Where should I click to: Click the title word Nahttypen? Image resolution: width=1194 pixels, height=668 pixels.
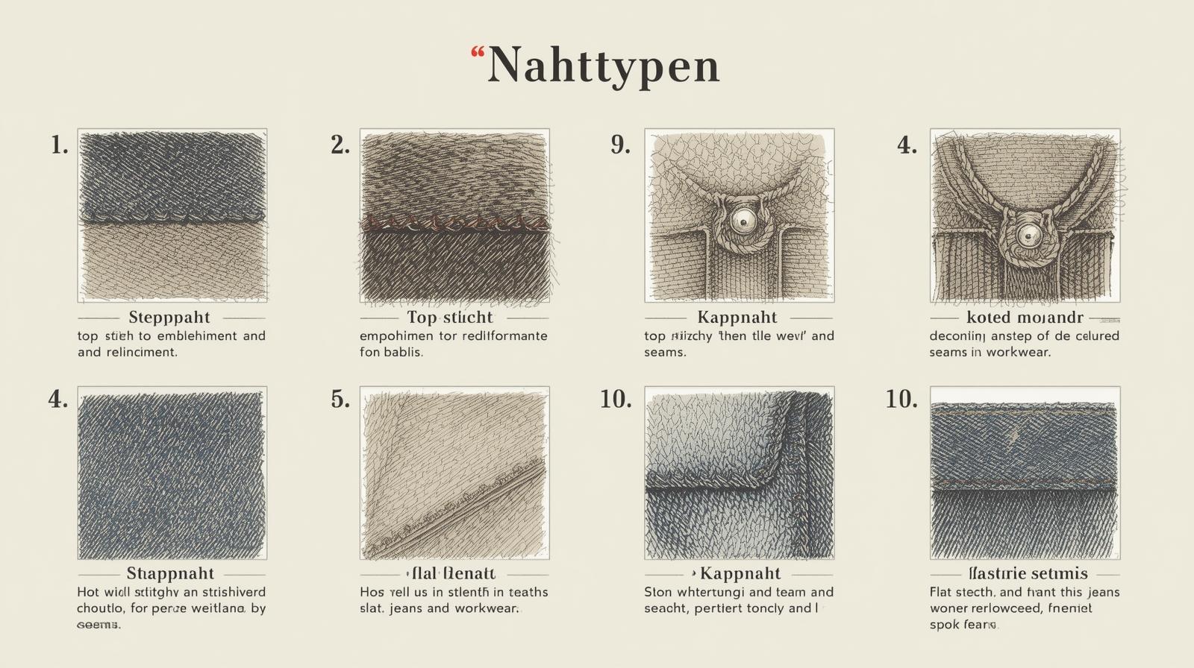click(x=604, y=66)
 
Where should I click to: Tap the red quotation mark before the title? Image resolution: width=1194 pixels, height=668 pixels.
click(x=478, y=53)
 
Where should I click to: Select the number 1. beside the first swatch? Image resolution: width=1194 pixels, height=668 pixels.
click(x=60, y=145)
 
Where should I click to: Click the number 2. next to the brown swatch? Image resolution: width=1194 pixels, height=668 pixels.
click(x=340, y=145)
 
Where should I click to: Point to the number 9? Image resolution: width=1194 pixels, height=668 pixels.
click(x=620, y=145)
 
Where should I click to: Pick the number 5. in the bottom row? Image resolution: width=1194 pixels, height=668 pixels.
click(x=340, y=400)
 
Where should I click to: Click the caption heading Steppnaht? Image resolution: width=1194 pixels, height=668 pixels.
click(x=169, y=318)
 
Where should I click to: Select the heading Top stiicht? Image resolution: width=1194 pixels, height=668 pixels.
click(x=450, y=318)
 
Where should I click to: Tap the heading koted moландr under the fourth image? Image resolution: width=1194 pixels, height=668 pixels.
click(x=1024, y=318)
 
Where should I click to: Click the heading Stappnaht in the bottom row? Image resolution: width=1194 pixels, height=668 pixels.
click(x=170, y=573)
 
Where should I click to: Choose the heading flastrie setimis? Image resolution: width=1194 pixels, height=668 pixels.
click(x=1028, y=573)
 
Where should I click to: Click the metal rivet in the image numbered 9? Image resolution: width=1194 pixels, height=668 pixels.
click(x=742, y=220)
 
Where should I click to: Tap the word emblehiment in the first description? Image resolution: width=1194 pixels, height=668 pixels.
click(x=196, y=335)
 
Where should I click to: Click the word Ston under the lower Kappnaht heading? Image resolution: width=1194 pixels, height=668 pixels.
click(x=657, y=592)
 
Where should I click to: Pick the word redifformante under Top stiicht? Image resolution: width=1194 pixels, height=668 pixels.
click(x=504, y=335)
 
